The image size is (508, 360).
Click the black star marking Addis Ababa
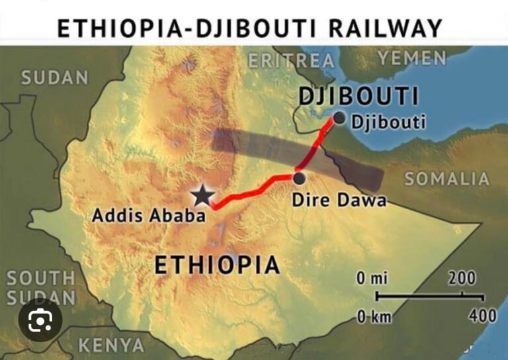202,195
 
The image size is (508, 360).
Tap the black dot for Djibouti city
339,118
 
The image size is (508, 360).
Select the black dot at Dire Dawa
299,178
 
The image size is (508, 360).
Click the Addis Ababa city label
149,215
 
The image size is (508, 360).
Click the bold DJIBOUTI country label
359,96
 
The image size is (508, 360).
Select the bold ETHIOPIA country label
217,265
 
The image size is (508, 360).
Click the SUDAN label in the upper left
54,77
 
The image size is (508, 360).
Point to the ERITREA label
291,61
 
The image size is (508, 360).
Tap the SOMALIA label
447,179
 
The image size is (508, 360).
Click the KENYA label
111,345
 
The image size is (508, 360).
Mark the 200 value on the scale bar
462,279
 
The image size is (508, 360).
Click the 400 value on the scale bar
482,316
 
